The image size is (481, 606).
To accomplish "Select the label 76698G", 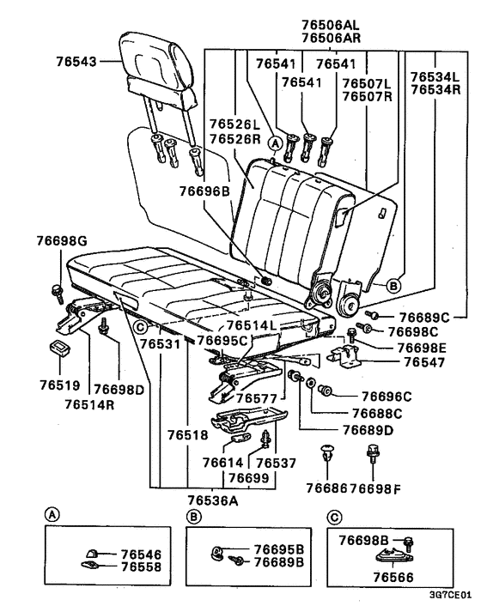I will pyautogui.click(x=62, y=243).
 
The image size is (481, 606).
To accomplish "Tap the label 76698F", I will pyautogui.click(x=371, y=488).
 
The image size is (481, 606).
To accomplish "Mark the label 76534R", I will pyautogui.click(x=435, y=89).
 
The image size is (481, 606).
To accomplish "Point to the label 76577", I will pyautogui.click(x=257, y=398).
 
